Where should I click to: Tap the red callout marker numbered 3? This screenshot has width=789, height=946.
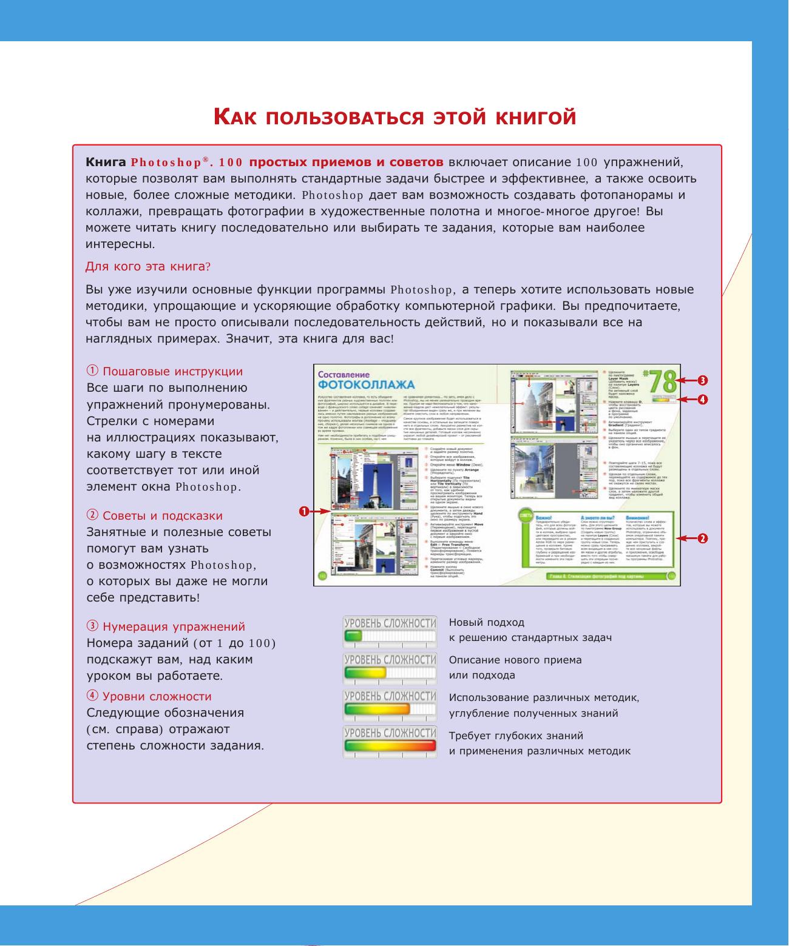[x=702, y=380]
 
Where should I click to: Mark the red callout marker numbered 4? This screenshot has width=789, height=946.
[x=702, y=399]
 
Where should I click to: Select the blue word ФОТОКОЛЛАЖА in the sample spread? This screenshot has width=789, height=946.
[x=366, y=385]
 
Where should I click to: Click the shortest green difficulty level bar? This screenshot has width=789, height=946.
[x=353, y=636]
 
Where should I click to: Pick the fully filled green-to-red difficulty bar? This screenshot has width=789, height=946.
[x=390, y=746]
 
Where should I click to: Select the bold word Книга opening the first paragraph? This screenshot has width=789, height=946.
[x=106, y=163]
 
